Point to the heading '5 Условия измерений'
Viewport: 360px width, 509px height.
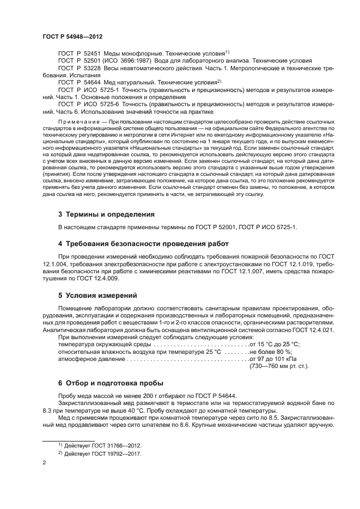[x=97, y=296]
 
